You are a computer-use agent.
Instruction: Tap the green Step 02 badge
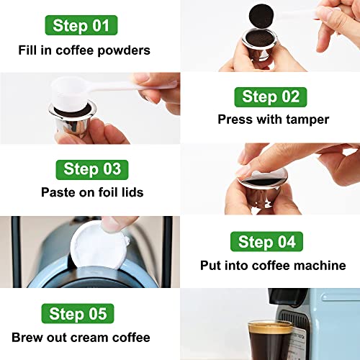[x=269, y=96]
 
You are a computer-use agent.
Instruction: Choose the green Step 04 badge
[x=266, y=241]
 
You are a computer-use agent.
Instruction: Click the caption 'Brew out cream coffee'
[x=81, y=337]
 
